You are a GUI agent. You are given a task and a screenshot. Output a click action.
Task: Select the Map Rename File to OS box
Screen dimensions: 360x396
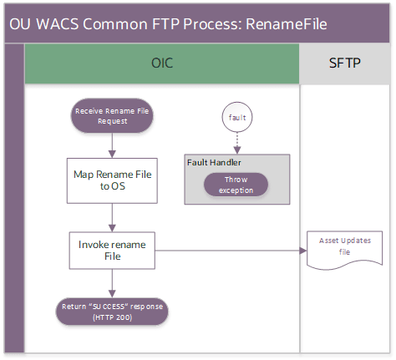(x=112, y=180)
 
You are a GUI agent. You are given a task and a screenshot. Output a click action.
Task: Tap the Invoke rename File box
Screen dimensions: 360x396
(x=112, y=250)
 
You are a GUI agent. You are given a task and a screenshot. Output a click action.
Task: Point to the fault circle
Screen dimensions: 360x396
(x=236, y=118)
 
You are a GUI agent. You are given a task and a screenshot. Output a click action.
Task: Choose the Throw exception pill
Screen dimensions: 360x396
(x=236, y=185)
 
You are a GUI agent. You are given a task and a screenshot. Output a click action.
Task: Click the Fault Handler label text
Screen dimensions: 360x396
(x=214, y=162)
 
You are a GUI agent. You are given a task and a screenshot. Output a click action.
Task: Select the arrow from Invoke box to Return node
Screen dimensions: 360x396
(x=112, y=282)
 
